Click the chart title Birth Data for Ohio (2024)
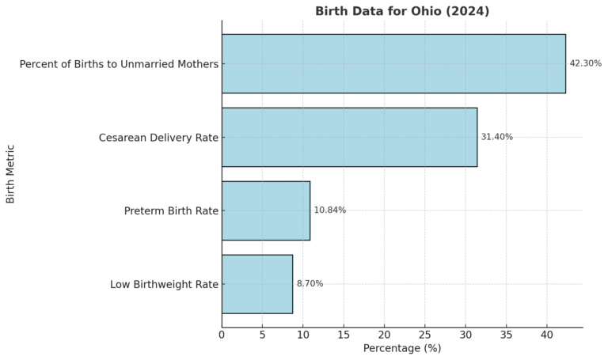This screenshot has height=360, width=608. click(x=402, y=11)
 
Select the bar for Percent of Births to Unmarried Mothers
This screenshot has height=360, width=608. click(x=393, y=64)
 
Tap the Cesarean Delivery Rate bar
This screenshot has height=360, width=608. click(x=349, y=137)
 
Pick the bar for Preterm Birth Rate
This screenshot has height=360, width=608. click(x=266, y=210)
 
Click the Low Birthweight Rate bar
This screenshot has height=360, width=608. click(x=257, y=284)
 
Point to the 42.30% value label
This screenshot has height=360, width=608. click(x=585, y=64)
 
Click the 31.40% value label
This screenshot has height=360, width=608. click(x=496, y=137)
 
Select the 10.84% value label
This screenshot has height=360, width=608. click(x=329, y=210)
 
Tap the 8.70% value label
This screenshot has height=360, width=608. click(x=310, y=284)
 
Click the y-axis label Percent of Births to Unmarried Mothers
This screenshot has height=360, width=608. click(x=119, y=64)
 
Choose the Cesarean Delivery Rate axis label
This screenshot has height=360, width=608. click(x=158, y=138)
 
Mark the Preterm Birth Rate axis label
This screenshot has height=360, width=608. click(x=171, y=211)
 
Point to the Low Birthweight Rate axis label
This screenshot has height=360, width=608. click(x=164, y=285)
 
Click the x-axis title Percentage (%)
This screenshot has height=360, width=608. click(x=401, y=348)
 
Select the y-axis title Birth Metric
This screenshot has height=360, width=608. click(x=11, y=173)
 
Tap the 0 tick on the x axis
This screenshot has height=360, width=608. click(x=222, y=335)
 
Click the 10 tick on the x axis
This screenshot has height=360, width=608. click(x=303, y=335)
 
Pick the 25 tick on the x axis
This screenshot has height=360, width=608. click(x=425, y=335)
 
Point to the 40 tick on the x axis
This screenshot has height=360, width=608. click(x=547, y=335)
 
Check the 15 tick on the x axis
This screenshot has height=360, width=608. click(x=344, y=335)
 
